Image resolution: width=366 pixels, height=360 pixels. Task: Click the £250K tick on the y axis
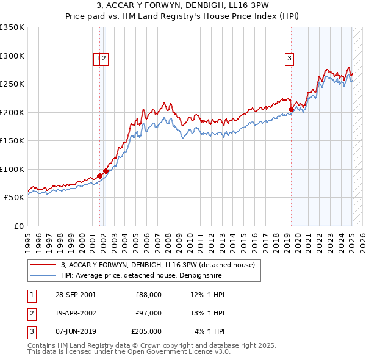(x=12, y=84)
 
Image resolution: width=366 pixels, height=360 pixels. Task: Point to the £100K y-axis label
(x=12, y=169)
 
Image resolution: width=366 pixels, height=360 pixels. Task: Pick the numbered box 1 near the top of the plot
(x=97, y=59)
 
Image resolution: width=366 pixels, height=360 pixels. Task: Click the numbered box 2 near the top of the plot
(x=104, y=59)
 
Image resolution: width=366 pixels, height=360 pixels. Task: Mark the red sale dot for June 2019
(x=291, y=110)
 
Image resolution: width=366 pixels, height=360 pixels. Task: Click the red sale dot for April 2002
(x=106, y=171)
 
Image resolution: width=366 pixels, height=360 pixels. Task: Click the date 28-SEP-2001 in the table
(x=75, y=295)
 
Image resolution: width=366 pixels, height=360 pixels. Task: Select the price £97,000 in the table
(x=149, y=313)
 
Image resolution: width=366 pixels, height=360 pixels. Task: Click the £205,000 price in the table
(x=147, y=331)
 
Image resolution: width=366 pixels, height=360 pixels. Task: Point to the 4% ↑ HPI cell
(x=210, y=331)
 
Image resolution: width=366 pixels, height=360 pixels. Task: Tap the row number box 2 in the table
(x=32, y=313)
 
